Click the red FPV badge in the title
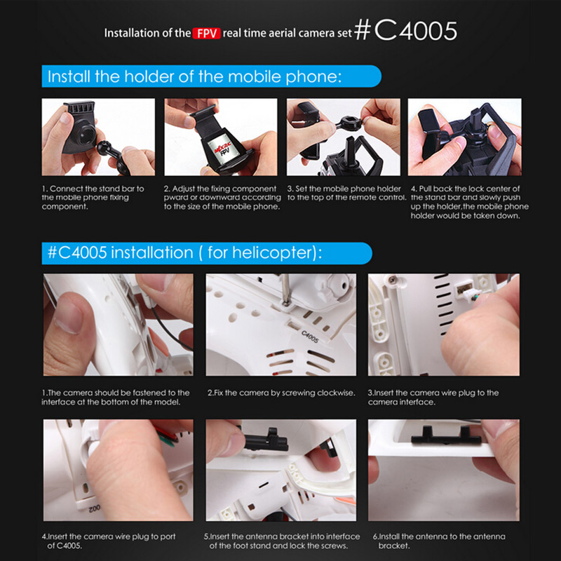point(206,33)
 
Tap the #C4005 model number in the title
point(406,31)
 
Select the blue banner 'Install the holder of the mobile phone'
point(212,76)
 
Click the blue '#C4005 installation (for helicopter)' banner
point(207,253)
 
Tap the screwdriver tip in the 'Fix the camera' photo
point(286,303)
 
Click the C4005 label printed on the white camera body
point(310,337)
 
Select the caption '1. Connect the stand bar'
point(93,198)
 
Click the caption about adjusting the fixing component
point(222,198)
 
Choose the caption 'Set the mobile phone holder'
point(346,194)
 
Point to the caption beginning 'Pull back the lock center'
point(469,202)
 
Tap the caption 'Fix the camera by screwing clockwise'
point(281,393)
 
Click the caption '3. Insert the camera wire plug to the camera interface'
point(433,397)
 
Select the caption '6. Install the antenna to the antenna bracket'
point(440,541)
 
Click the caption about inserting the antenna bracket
point(282,541)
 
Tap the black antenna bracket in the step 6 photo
point(446,436)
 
